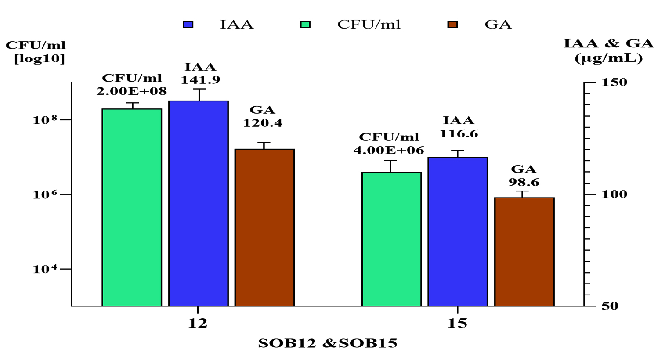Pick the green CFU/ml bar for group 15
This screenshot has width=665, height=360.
click(391, 239)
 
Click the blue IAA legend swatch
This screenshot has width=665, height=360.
click(188, 24)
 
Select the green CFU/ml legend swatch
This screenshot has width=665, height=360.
click(305, 24)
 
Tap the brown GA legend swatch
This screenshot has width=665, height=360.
click(452, 24)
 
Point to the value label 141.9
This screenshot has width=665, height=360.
click(201, 80)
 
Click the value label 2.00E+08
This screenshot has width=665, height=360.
click(132, 91)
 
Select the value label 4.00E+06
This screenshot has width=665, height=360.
click(389, 151)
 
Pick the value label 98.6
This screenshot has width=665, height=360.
click(524, 182)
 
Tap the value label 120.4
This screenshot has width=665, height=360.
click(263, 123)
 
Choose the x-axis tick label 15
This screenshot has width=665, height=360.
click(457, 324)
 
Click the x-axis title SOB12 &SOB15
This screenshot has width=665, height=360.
click(328, 343)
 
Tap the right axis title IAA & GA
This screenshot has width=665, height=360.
click(608, 43)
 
